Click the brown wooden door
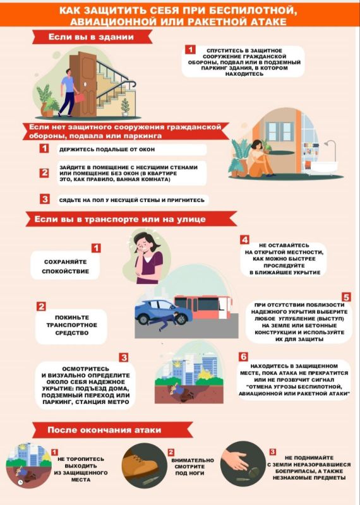pos(83,85)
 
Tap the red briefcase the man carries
pos(79,97)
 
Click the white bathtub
pos(321,168)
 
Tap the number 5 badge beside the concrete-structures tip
pos(346,297)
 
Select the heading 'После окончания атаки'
pos(104,430)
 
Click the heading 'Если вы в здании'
pos(91,37)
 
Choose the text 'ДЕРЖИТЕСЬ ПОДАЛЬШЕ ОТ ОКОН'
pos(107,150)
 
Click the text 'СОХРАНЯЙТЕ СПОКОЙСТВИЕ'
pos(66,266)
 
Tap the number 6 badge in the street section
pos(243,357)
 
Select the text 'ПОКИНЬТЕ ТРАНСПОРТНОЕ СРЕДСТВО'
pos(71,325)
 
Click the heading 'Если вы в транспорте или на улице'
pos(120,219)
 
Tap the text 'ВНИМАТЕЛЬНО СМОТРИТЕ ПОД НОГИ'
pos(193,466)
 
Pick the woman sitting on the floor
pos(260,159)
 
